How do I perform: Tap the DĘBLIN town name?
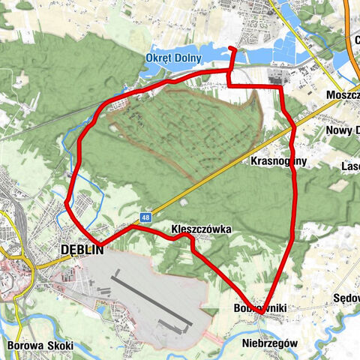80,250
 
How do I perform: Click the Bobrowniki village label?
260,308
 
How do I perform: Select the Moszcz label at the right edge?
343,96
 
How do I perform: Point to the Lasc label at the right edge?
349,166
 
